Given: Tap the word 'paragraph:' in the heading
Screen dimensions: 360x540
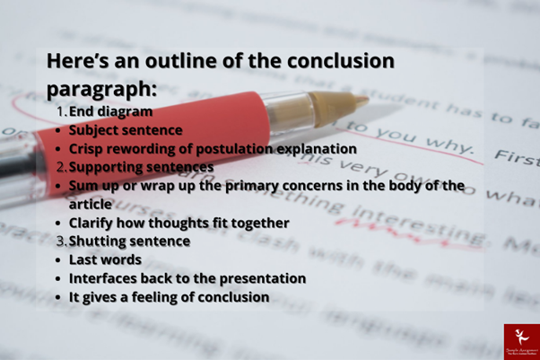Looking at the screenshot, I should [101, 90].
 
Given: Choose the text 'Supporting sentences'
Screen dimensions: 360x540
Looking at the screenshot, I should [141, 167].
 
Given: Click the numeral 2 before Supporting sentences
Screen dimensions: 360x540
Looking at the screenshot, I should [60, 167].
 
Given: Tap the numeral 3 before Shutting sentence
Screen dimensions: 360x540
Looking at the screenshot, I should [60, 241].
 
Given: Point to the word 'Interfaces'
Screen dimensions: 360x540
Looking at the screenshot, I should [106, 278].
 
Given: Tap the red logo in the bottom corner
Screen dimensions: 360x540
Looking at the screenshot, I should [520, 341].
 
